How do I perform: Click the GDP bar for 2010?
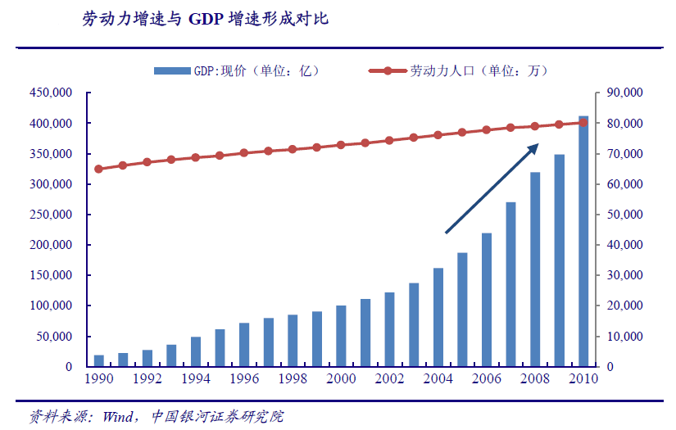[x=583, y=242]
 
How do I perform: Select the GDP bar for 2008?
[x=535, y=269]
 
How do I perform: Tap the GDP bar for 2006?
[x=487, y=300]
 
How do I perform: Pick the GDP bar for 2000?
[x=342, y=336]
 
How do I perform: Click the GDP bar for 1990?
[x=99, y=360]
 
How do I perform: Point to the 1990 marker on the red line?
[x=99, y=169]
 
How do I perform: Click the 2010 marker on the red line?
[x=583, y=123]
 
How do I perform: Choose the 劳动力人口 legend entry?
[x=475, y=71]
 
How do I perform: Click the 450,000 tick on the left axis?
[x=51, y=93]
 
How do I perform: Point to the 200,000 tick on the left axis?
[x=51, y=245]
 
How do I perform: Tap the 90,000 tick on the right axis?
[x=624, y=93]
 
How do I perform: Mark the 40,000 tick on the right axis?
[x=624, y=245]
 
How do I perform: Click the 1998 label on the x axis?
[x=293, y=379]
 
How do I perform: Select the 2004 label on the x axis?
[x=438, y=379]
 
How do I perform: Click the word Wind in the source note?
[x=120, y=416]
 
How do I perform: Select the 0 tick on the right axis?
[x=610, y=367]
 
